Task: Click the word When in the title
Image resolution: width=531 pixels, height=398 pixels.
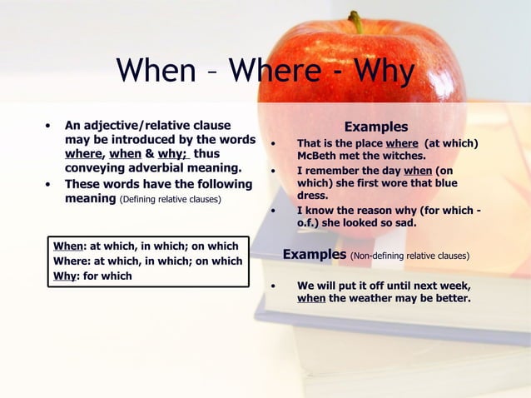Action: pyautogui.click(x=155, y=71)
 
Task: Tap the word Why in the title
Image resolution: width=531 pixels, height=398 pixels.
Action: pyautogui.click(x=383, y=71)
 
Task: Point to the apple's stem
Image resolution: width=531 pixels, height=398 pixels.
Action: pyautogui.click(x=357, y=21)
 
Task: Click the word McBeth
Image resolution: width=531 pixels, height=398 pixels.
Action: pyautogui.click(x=320, y=156)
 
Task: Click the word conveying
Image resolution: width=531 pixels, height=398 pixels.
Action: pyautogui.click(x=95, y=167)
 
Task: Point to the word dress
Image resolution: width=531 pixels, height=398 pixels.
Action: pyautogui.click(x=312, y=196)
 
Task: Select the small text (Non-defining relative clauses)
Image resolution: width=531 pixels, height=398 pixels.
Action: pyautogui.click(x=409, y=256)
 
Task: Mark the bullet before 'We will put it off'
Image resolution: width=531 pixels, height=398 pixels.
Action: pyautogui.click(x=273, y=286)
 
